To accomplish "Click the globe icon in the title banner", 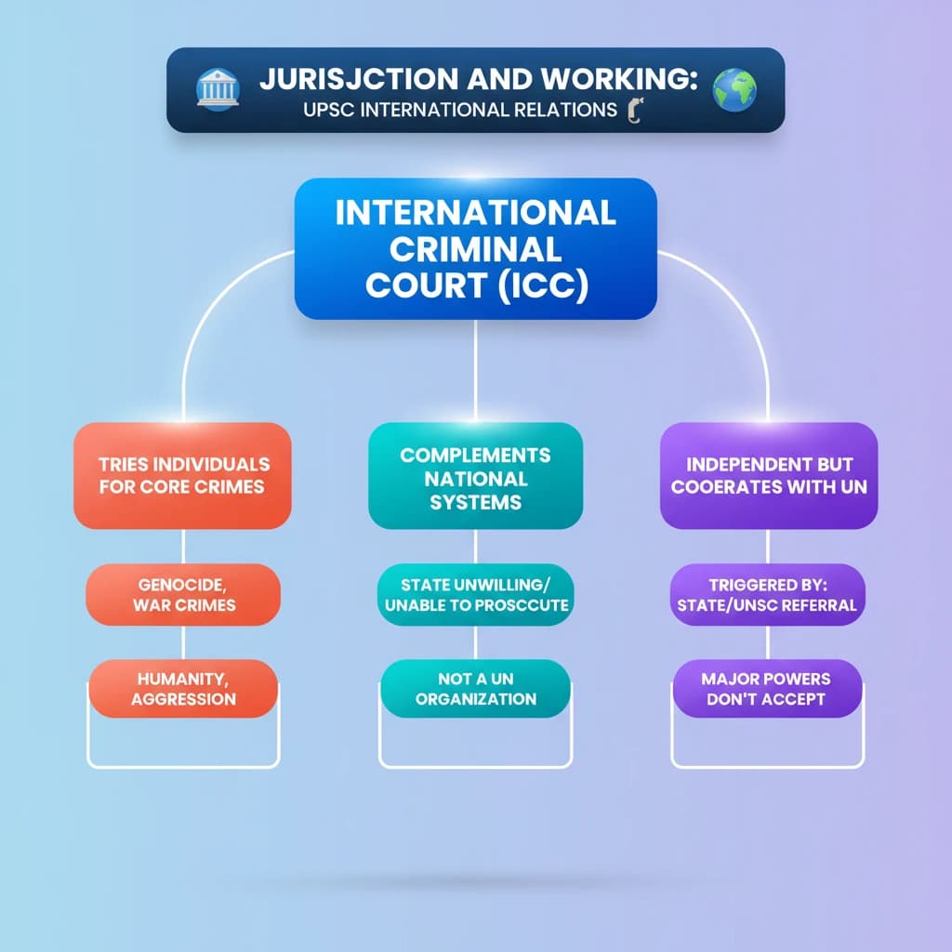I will click(734, 90).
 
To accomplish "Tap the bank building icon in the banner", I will click(218, 90).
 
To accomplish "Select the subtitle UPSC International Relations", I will click(459, 110).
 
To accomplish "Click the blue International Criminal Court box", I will click(475, 248).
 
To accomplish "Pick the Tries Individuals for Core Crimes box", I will click(182, 475).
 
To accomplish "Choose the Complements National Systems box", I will click(475, 478).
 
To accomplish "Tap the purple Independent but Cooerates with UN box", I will click(768, 475).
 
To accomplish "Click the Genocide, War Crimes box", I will click(183, 594).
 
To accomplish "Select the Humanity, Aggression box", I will click(183, 688).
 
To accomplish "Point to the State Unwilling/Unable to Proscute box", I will click(475, 595).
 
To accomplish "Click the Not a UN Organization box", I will click(475, 688).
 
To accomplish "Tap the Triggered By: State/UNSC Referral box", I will click(768, 595).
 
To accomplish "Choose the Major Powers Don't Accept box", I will click(768, 688).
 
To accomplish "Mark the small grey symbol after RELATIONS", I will click(637, 111).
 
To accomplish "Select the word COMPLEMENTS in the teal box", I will click(475, 456).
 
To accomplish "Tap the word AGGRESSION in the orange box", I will click(183, 699).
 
